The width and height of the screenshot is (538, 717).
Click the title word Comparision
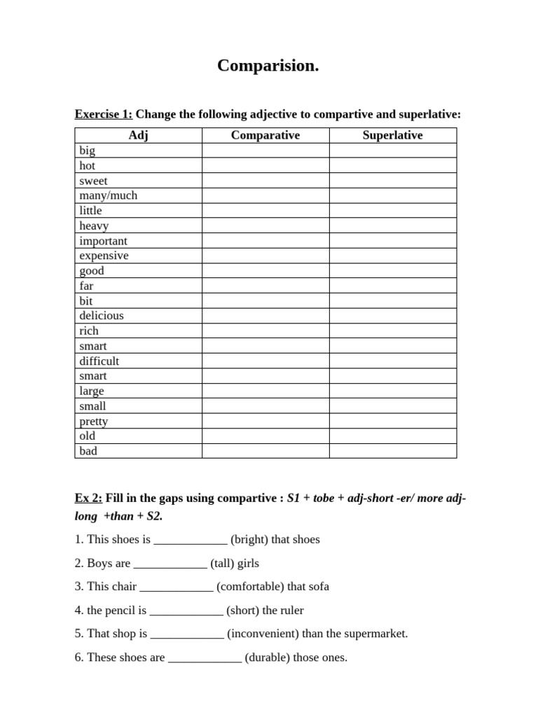[268, 66]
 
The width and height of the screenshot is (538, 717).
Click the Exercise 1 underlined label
[103, 114]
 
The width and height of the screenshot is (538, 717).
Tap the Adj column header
[138, 135]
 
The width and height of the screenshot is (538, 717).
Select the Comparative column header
[265, 135]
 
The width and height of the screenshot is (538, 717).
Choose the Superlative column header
[392, 135]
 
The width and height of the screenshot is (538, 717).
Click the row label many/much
[108, 195]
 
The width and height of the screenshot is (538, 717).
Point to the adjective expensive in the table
[104, 256]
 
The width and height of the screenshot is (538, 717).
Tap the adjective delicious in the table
[101, 316]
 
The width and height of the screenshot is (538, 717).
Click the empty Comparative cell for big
[265, 151]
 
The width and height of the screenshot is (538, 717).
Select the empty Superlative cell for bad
[392, 451]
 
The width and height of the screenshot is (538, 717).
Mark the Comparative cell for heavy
[265, 225]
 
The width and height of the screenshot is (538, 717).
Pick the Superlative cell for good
[392, 271]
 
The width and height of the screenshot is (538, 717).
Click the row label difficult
[99, 361]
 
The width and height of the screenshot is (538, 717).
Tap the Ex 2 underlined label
[88, 499]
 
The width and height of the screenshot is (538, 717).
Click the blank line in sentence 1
[190, 540]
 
